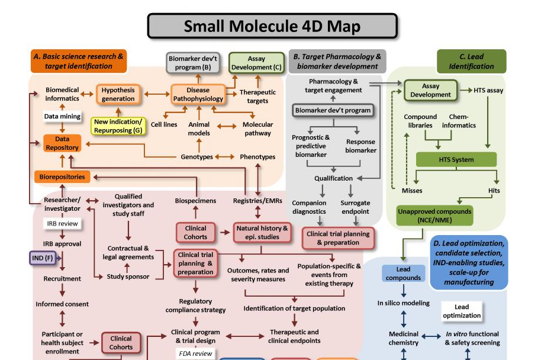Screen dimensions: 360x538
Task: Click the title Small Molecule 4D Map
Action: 272,26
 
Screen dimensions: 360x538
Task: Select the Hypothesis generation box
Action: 118,94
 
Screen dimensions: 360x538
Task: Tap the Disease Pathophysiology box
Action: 198,94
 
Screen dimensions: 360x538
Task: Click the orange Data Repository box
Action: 62,143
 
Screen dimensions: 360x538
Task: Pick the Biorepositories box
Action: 62,176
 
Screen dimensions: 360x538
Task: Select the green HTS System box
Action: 455,160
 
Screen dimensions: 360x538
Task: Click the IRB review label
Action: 62,224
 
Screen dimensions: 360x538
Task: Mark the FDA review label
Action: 195,353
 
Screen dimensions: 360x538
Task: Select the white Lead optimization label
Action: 462,311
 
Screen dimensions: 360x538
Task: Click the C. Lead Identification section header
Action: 471,62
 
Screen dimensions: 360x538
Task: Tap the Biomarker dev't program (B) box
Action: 189,63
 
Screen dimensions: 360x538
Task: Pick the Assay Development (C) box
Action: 257,63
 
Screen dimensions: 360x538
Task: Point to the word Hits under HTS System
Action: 494,191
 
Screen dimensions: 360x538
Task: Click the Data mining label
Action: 62,117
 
